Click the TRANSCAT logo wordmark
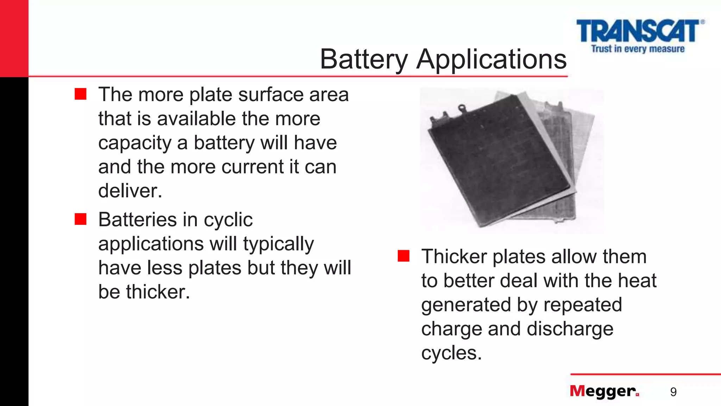pyautogui.click(x=638, y=31)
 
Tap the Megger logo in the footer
pyautogui.click(x=604, y=391)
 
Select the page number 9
pyautogui.click(x=673, y=392)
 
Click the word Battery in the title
pyautogui.click(x=364, y=59)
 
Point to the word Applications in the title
pyautogui.click(x=491, y=59)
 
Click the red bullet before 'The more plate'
pyautogui.click(x=81, y=94)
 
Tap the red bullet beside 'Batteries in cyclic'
pyautogui.click(x=81, y=219)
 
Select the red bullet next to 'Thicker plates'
pyautogui.click(x=403, y=256)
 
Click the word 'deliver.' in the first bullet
pyautogui.click(x=130, y=191)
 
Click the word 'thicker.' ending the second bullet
pyautogui.click(x=158, y=292)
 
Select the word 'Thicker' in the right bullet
pyautogui.click(x=454, y=256)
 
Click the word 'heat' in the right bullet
pyautogui.click(x=638, y=281)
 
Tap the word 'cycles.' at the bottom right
pyautogui.click(x=451, y=352)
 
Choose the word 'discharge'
pyautogui.click(x=570, y=329)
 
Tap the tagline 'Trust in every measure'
pyautogui.click(x=638, y=49)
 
